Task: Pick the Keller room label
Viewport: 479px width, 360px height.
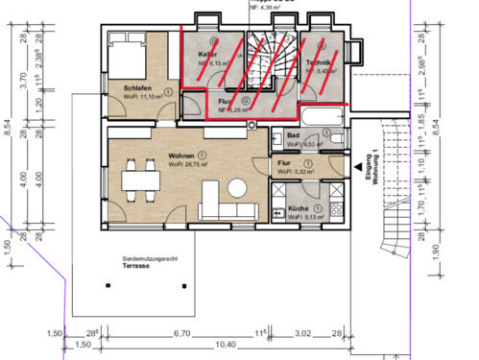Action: pos(207,55)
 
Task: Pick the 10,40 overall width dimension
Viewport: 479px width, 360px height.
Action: pos(199,344)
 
